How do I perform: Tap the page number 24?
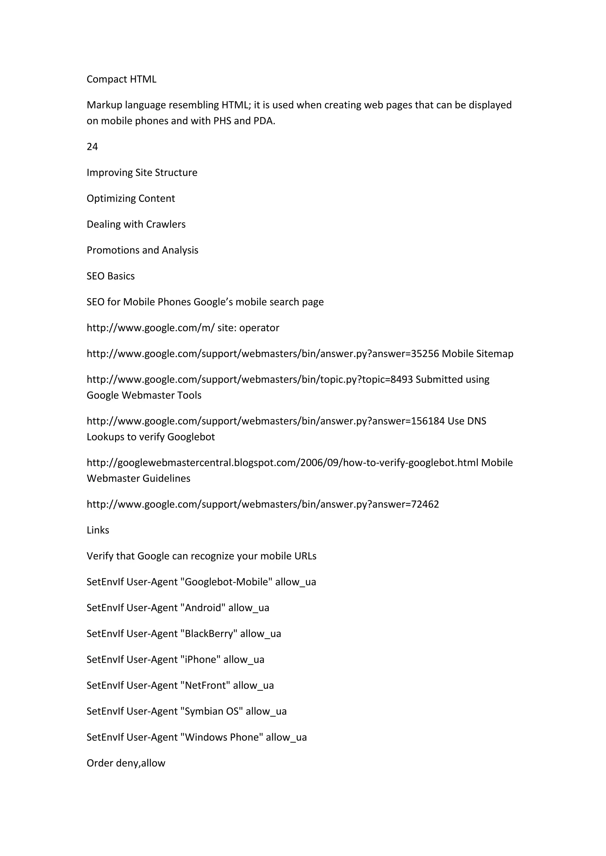click(92, 147)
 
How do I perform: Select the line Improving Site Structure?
click(142, 172)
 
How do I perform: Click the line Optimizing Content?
click(130, 198)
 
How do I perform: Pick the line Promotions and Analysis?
click(142, 250)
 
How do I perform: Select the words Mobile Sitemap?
click(478, 354)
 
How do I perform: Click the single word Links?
click(98, 530)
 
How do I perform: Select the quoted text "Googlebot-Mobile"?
click(226, 582)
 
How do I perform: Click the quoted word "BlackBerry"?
click(209, 634)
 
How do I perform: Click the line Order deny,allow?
click(126, 763)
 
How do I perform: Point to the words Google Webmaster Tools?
click(144, 395)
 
